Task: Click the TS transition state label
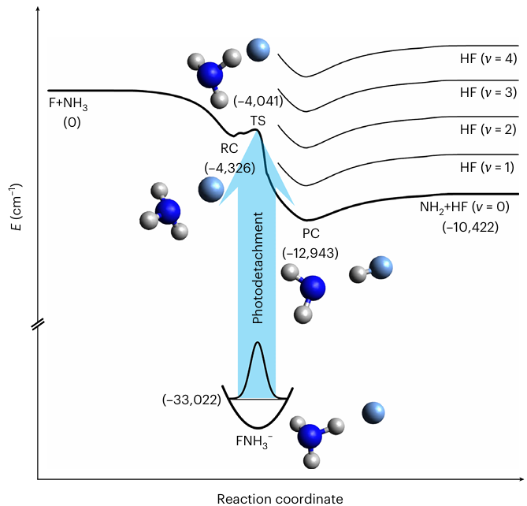258,120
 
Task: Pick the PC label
312,234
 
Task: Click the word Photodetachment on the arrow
257,273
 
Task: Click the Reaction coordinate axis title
280,497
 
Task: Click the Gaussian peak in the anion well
257,370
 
